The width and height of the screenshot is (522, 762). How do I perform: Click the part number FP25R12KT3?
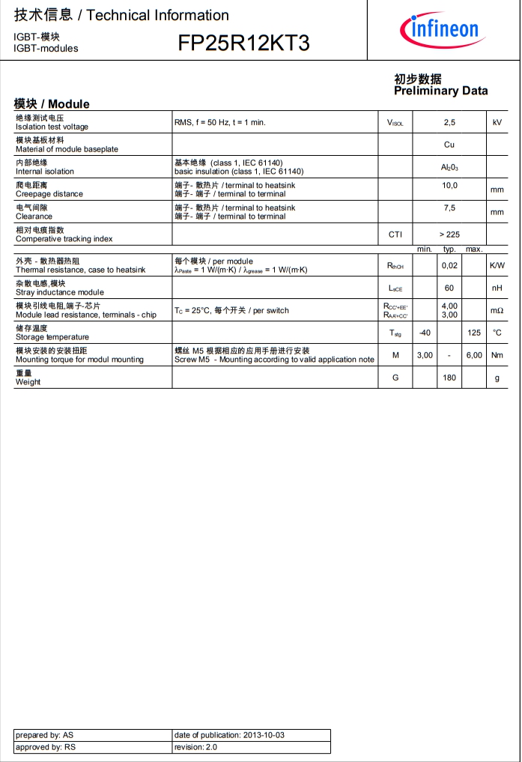coord(243,43)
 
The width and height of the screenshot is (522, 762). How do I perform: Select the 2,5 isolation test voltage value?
coord(449,122)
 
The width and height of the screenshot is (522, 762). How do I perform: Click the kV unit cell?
coord(497,122)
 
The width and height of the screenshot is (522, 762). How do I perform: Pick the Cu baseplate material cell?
coord(449,145)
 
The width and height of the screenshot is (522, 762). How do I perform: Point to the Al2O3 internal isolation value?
coord(449,167)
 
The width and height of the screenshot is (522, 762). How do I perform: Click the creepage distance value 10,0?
coord(449,185)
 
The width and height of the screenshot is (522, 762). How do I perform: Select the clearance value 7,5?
coord(449,208)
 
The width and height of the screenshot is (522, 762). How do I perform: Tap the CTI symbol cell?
coord(395,235)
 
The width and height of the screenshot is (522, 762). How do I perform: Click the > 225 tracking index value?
coord(449,235)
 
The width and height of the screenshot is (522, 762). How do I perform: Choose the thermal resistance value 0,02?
coord(449,265)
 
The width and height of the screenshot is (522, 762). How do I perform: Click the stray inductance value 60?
coord(449,288)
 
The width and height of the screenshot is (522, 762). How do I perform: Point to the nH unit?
coord(497,288)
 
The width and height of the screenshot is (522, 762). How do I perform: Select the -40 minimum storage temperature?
coord(425,333)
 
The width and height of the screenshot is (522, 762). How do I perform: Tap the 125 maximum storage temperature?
coord(474,333)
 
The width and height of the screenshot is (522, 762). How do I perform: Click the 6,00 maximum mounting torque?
coord(474,355)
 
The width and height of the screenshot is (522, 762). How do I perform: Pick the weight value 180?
coord(449,378)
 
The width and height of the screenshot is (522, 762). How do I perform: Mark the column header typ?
coord(449,249)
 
